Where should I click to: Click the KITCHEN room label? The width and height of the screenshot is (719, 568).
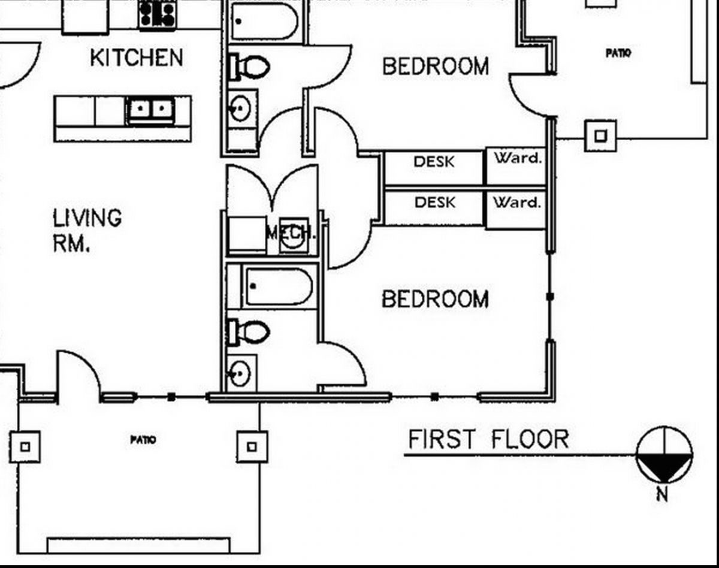tap(137, 58)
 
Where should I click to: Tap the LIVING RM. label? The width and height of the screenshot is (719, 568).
tap(87, 230)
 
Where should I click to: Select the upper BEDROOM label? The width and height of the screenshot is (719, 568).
tap(436, 66)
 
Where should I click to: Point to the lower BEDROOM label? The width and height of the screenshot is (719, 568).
tap(436, 299)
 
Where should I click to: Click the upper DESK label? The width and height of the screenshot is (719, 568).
tap(434, 162)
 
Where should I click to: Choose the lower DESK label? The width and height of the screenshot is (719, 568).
tap(435, 203)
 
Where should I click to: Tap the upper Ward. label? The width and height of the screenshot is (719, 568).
tap(517, 158)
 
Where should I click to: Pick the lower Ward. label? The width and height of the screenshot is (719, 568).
tap(517, 203)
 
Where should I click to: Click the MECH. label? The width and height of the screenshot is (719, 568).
tap(291, 232)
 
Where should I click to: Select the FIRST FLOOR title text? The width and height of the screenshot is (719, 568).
tap(488, 439)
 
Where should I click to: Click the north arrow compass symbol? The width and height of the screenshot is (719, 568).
tap(664, 454)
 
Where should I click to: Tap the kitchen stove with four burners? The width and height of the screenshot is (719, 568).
tap(158, 15)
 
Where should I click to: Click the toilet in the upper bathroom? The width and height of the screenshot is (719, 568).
tap(249, 67)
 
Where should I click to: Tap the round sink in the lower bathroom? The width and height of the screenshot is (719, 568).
tap(240, 374)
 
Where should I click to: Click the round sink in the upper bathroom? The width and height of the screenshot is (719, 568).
tap(240, 108)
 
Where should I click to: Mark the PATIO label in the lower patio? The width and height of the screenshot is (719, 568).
tap(143, 440)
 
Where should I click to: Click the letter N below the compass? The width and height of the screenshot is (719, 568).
tap(662, 495)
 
